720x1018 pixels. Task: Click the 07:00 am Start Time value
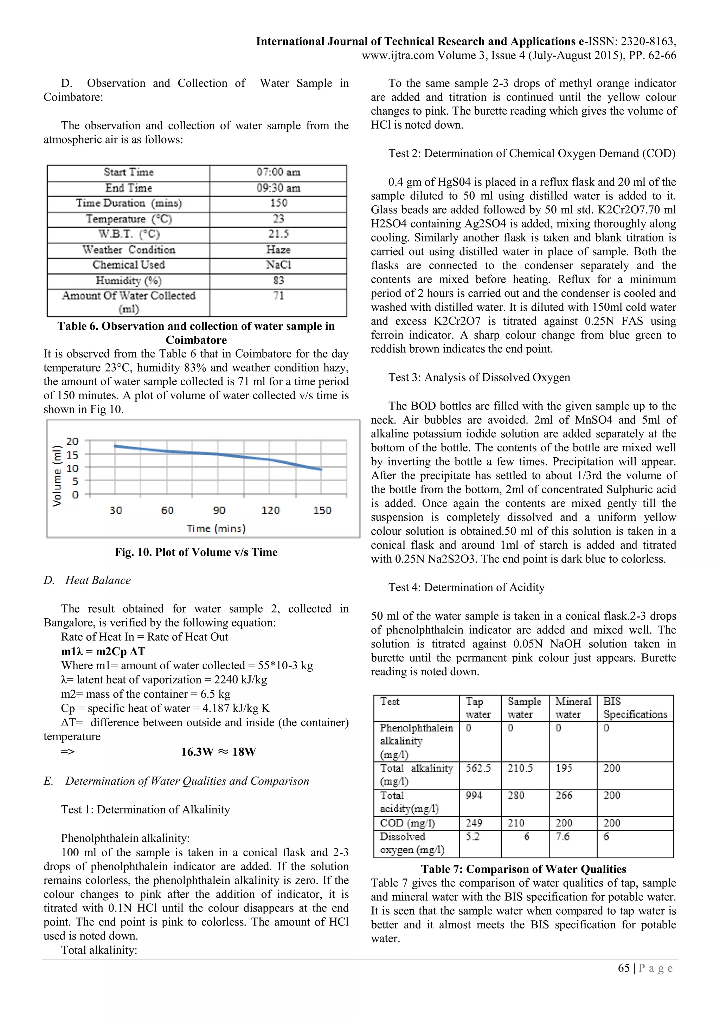coord(278,173)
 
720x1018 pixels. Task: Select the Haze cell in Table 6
coord(278,250)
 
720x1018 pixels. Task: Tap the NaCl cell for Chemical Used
coord(278,265)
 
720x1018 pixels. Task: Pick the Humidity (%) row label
coord(129,281)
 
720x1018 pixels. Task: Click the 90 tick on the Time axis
coord(219,510)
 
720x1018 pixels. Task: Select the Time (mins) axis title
coord(216,528)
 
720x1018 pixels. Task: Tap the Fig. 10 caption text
coord(196,552)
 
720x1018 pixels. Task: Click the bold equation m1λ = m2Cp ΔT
coord(103,651)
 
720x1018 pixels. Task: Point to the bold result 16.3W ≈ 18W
coord(219,752)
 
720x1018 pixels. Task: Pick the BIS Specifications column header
coord(635,708)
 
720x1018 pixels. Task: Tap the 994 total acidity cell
coord(474,796)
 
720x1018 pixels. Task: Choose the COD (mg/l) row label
coord(407,823)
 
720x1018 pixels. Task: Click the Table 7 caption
coord(523,869)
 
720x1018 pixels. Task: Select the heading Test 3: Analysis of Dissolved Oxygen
coord(479,377)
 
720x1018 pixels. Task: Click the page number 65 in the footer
coord(623,968)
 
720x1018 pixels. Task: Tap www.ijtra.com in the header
coord(398,56)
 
